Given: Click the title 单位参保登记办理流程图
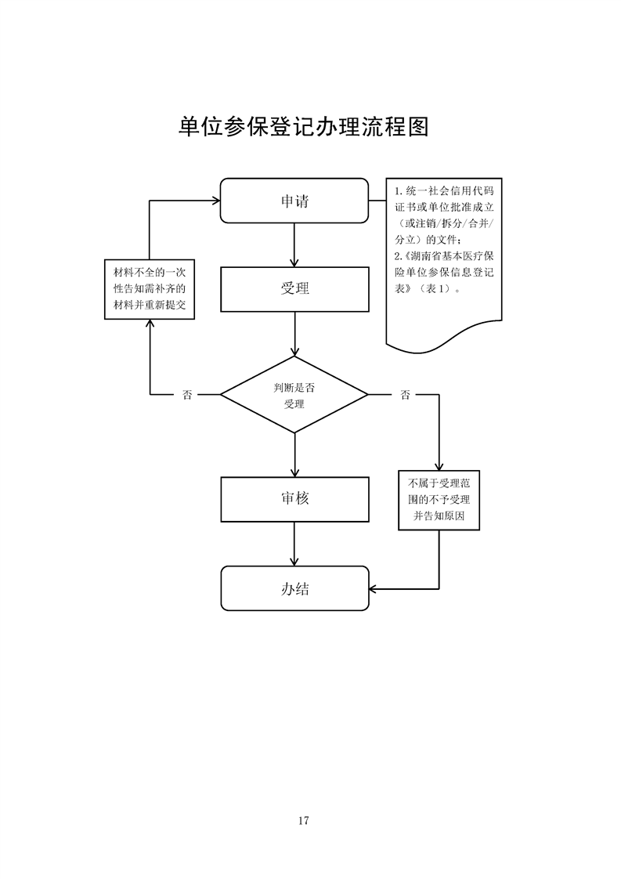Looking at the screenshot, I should coord(304,128).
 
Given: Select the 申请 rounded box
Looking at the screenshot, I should coord(294,201).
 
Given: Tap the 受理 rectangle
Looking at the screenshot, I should coord(294,288).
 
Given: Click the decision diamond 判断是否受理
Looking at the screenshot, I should coord(294,395).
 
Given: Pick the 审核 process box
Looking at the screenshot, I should coord(294,498).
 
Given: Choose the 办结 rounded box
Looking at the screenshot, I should coord(294,588).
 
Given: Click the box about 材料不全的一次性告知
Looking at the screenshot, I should coord(150,289).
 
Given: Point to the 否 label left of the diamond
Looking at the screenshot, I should coord(187,395).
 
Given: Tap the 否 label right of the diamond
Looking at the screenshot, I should coord(405,395).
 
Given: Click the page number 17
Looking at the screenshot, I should coord(304,820).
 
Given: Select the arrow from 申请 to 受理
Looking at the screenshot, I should coord(294,244).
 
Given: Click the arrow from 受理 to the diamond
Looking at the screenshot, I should coord(294,334).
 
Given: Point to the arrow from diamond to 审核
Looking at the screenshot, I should coord(294,454).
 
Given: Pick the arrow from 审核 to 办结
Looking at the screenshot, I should coord(294,544).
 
